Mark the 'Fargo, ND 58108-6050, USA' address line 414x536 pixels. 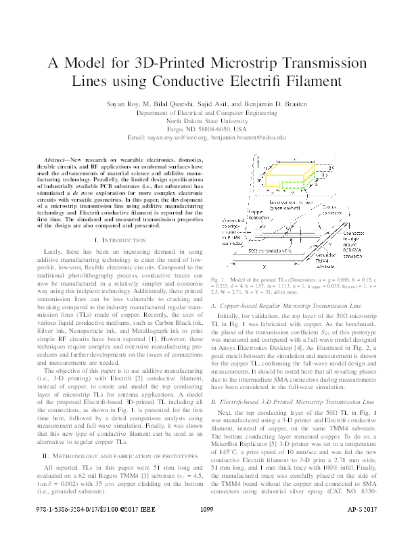point(207,128)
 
